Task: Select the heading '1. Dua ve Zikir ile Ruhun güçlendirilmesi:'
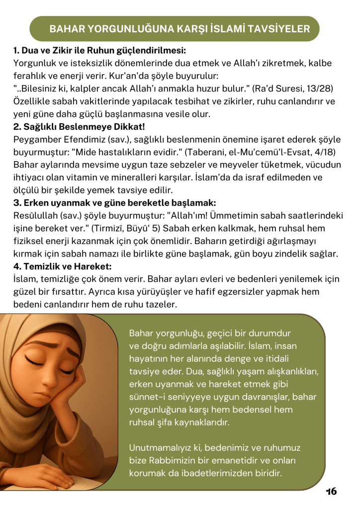click(x=99, y=50)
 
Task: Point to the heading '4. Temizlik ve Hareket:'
click(x=63, y=266)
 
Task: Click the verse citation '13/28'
click(x=318, y=88)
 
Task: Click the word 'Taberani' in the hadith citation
click(x=203, y=152)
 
